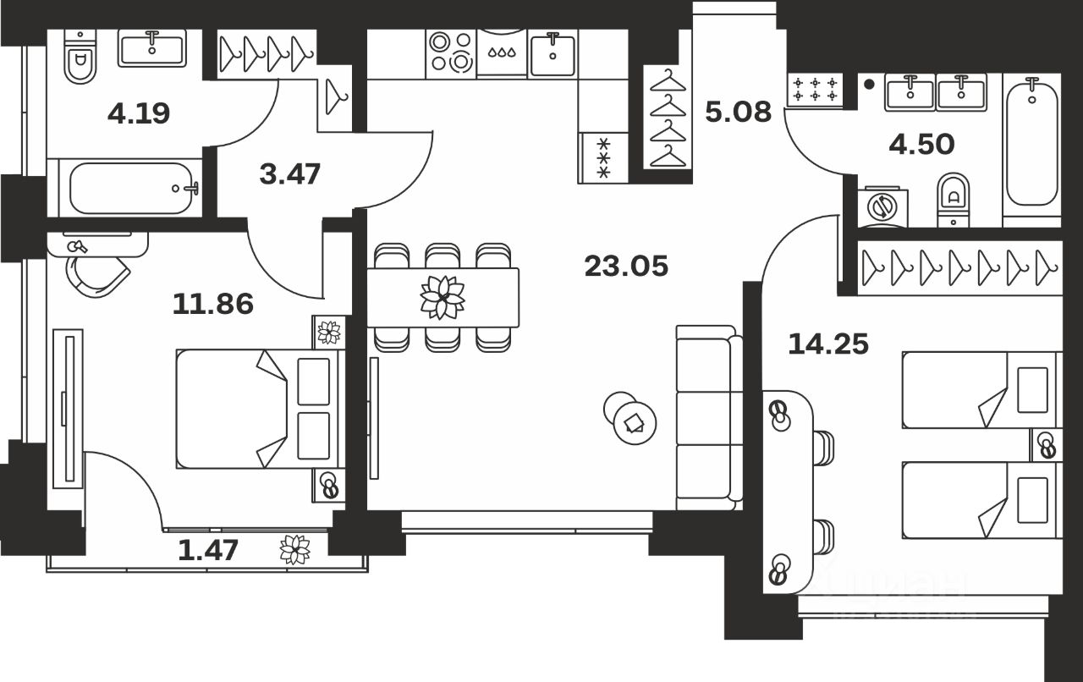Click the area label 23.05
click(x=626, y=267)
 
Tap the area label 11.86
click(x=212, y=303)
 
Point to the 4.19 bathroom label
click(x=139, y=113)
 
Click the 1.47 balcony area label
click(x=208, y=550)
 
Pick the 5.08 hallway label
click(x=738, y=111)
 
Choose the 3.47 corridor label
click(x=289, y=174)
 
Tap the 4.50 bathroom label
click(x=921, y=144)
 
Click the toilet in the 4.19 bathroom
click(x=80, y=56)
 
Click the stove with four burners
click(x=450, y=52)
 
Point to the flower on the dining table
click(x=443, y=297)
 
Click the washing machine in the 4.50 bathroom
click(x=881, y=206)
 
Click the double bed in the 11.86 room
click(x=258, y=408)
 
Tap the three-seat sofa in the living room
click(x=704, y=416)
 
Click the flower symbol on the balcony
click(x=294, y=550)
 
